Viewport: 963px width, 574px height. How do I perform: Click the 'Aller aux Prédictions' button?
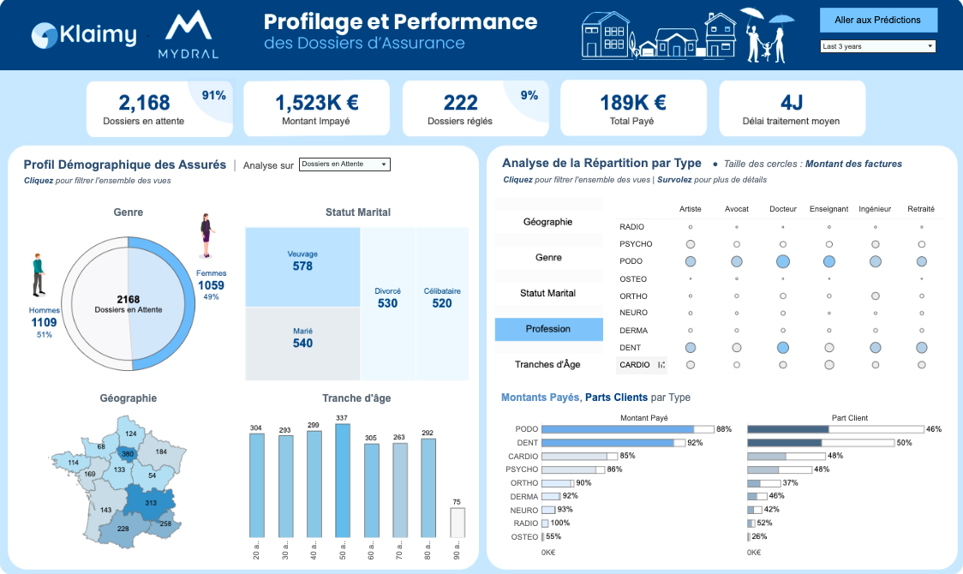click(x=878, y=20)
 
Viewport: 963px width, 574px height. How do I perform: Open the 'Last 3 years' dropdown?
click(x=878, y=46)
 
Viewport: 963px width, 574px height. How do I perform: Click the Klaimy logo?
click(x=84, y=35)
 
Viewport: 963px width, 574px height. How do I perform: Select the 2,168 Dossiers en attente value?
click(x=144, y=103)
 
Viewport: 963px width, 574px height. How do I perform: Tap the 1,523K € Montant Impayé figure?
click(x=316, y=103)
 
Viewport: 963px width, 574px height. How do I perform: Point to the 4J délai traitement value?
click(x=791, y=103)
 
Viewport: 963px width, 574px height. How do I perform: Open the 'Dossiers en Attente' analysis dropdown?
click(x=344, y=164)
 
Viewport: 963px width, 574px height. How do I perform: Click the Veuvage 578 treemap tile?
click(x=302, y=266)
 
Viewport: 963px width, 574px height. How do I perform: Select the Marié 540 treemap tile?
click(x=302, y=343)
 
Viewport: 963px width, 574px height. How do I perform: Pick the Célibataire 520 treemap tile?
click(x=442, y=303)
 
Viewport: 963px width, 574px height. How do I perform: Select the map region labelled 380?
click(x=128, y=454)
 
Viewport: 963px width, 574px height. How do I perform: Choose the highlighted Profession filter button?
click(x=548, y=329)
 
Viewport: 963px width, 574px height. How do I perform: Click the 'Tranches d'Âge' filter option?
click(x=548, y=365)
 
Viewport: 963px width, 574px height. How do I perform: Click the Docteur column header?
click(x=783, y=209)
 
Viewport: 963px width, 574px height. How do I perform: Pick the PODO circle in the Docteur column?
click(x=783, y=261)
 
